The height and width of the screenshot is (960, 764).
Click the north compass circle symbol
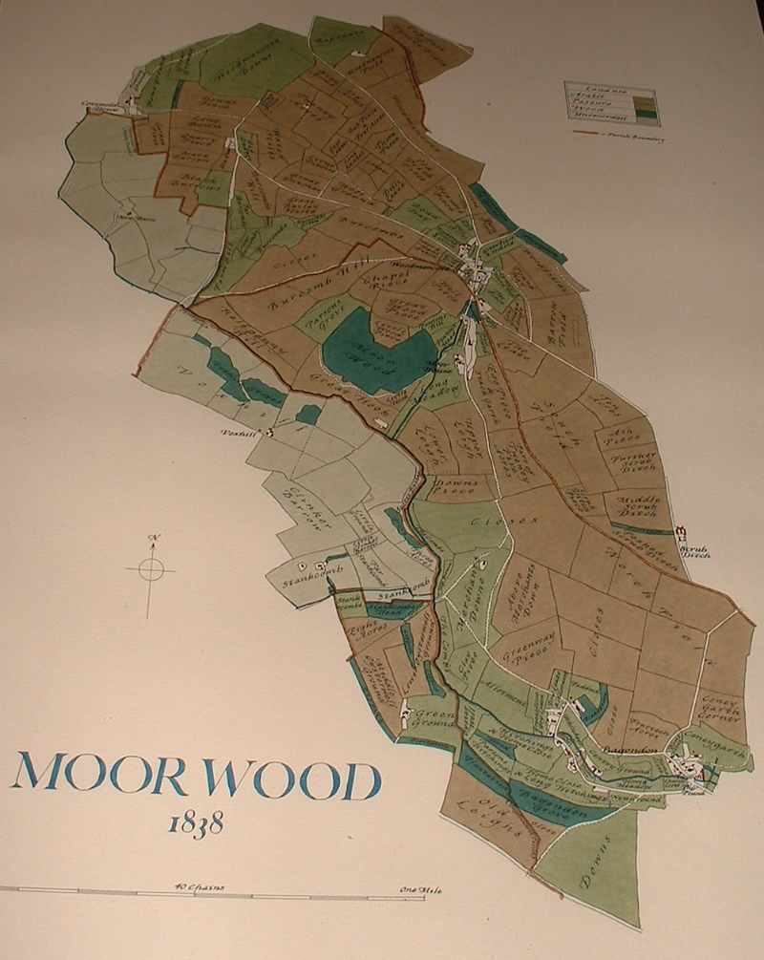(151, 570)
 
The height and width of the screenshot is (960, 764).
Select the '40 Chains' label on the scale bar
(199, 887)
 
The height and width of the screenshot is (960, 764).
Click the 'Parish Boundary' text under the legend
(634, 137)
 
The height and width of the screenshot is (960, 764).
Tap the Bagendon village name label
(629, 751)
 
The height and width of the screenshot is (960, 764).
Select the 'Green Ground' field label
(430, 714)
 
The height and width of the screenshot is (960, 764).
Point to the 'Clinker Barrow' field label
(303, 508)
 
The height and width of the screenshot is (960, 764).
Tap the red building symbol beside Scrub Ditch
(681, 532)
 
